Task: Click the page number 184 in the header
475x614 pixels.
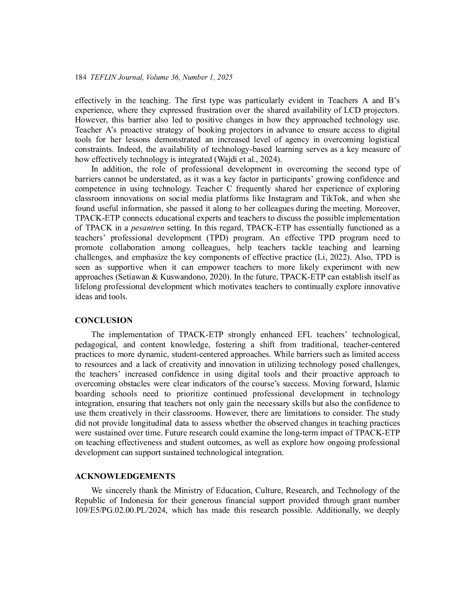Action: (81, 77)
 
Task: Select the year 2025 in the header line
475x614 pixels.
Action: (224, 77)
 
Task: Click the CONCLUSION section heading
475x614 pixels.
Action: (104, 320)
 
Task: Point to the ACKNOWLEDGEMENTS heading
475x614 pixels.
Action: (125, 476)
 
